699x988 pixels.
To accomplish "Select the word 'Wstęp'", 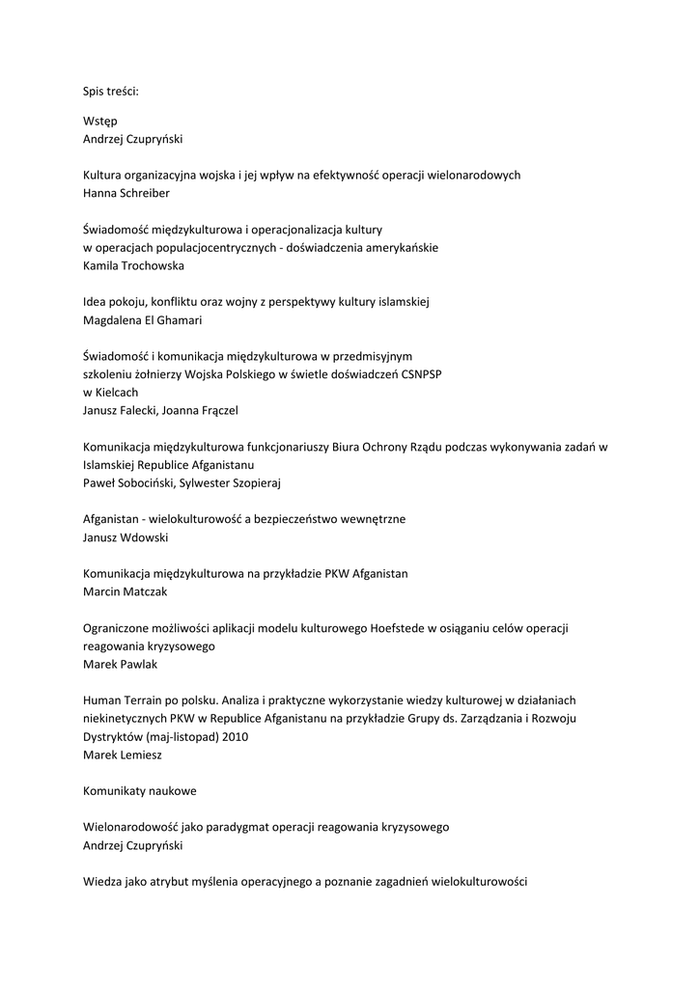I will pos(99,121).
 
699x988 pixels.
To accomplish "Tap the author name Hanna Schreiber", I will pos(127,193).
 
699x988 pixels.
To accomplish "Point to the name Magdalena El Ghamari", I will pos(148,319).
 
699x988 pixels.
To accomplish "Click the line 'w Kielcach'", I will pos(111,392).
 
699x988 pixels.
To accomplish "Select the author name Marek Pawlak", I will pos(121,664).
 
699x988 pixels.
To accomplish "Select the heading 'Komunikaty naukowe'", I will pos(139,790).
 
